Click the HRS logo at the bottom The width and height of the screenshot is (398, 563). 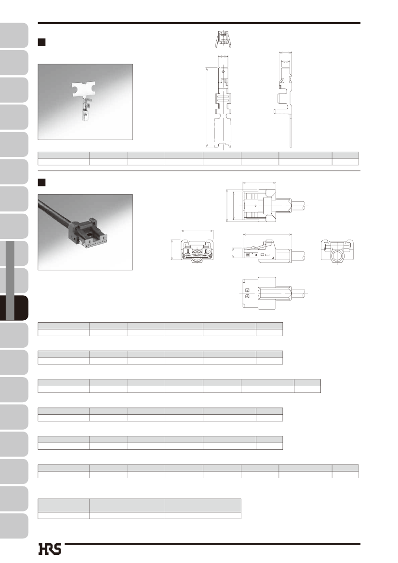coord(50,549)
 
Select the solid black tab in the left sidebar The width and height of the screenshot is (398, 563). coord(14,308)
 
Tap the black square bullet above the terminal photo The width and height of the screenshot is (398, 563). coord(41,42)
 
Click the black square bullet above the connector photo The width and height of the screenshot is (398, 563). coord(41,183)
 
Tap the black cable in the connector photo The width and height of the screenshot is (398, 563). coord(54,213)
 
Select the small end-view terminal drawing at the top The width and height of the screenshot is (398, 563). coord(223,39)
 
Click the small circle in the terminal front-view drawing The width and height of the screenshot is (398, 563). coord(223,71)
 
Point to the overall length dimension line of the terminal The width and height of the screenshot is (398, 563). coord(207,107)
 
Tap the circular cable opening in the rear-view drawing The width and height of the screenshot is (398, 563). coord(337,256)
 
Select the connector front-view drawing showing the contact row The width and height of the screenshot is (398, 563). coord(197,250)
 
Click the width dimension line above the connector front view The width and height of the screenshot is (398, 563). coord(197,231)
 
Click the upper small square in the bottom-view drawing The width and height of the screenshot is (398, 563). coord(247,290)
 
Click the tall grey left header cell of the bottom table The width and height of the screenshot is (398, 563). coord(64,505)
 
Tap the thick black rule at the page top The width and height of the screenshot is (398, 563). coord(199,23)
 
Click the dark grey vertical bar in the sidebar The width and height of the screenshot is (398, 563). coord(10,280)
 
